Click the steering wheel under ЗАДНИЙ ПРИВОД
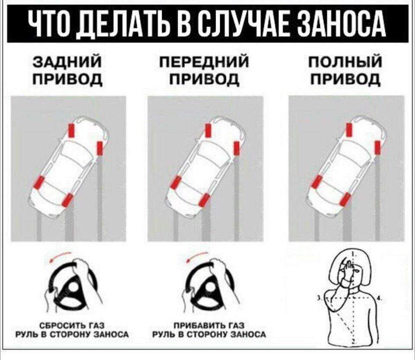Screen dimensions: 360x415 click(x=72, y=286)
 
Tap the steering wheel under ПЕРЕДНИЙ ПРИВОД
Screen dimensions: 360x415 click(x=207, y=286)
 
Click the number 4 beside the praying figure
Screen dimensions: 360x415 click(x=379, y=298)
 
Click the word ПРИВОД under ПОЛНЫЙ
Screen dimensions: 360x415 click(x=344, y=80)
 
